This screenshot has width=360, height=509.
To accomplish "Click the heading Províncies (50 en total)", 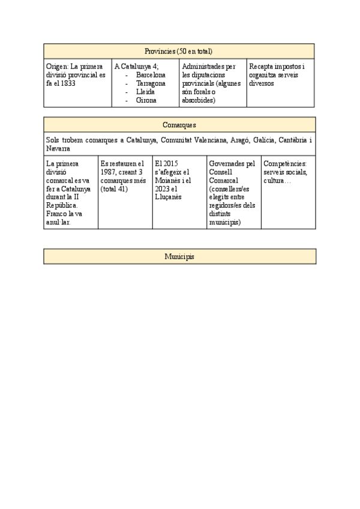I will click(179, 51).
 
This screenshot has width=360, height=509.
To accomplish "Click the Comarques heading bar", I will click(179, 125).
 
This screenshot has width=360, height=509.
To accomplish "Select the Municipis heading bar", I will click(179, 256).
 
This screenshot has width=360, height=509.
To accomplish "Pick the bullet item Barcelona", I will click(151, 75).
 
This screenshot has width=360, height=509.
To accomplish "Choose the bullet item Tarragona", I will click(151, 83).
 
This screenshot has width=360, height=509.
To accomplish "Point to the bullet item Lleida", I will click(145, 92).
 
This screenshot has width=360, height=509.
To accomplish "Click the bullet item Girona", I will click(146, 100).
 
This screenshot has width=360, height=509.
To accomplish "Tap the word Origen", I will click(56, 67).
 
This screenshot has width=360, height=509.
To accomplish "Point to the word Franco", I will click(57, 214).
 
